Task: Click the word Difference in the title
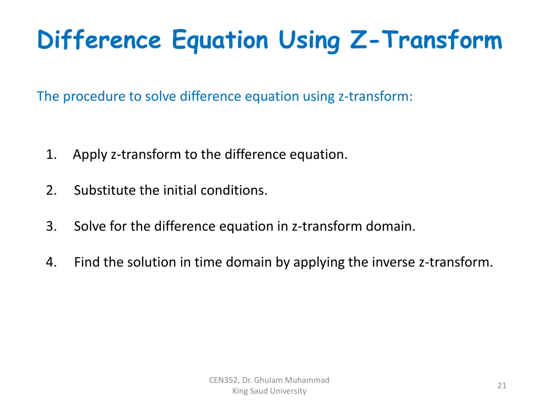click(99, 40)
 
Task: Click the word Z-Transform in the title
click(426, 40)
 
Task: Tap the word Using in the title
click(309, 40)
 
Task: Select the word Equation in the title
click(219, 40)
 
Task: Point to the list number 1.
click(51, 155)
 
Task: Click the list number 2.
click(51, 190)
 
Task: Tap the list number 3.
click(51, 226)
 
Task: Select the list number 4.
click(51, 262)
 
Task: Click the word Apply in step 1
click(90, 155)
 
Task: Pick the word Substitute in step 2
click(105, 190)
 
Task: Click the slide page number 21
click(502, 386)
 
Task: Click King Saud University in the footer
click(269, 391)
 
